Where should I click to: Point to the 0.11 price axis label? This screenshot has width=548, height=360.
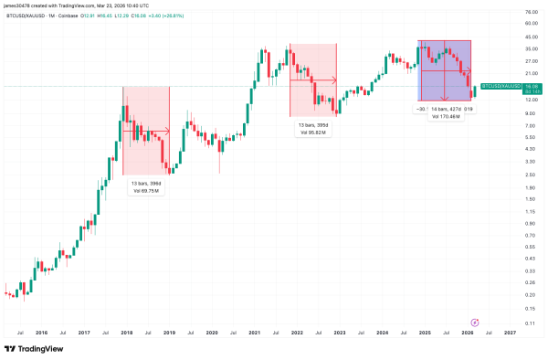click(x=530, y=323)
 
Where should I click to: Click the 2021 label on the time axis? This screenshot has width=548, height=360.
click(x=254, y=334)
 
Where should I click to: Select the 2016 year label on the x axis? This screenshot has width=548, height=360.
click(x=41, y=334)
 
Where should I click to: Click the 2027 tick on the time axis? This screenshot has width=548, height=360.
click(x=509, y=334)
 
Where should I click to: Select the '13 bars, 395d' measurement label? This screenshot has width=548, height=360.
click(x=313, y=124)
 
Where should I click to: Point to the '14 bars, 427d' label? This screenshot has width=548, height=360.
click(x=446, y=109)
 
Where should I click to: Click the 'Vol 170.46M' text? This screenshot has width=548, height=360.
click(x=445, y=117)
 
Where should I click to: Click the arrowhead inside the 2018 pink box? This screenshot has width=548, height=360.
click(x=167, y=131)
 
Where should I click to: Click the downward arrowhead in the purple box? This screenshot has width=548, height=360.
click(x=445, y=99)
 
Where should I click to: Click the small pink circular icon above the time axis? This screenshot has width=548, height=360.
click(x=474, y=322)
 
